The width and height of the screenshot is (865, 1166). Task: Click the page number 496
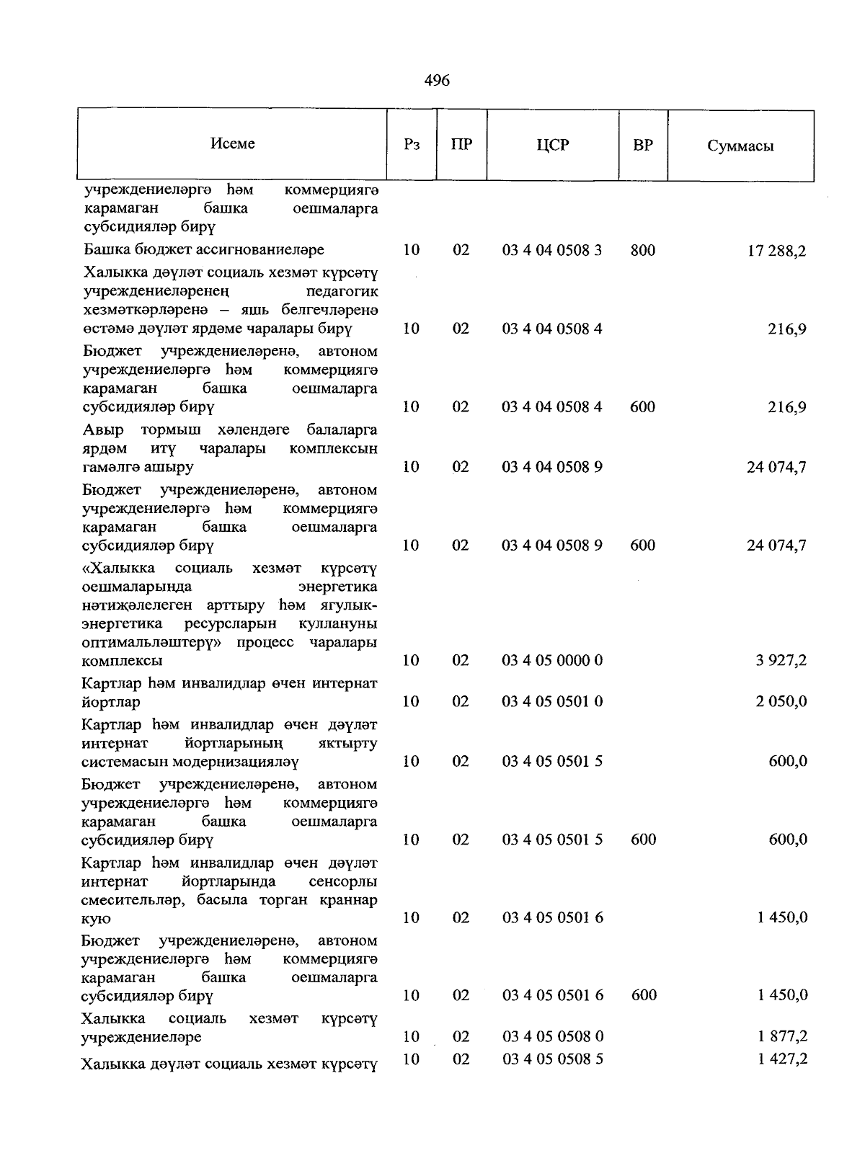(437, 81)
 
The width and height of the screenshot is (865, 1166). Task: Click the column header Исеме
(232, 143)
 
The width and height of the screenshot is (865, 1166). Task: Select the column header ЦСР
(552, 145)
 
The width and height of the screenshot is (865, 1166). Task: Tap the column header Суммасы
(740, 146)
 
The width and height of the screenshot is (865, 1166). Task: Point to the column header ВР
(642, 145)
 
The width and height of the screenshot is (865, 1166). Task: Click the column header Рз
(412, 145)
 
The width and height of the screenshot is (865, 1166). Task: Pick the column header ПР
(461, 144)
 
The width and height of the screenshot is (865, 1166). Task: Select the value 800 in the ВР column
(642, 250)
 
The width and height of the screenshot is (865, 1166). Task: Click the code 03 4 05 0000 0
(552, 661)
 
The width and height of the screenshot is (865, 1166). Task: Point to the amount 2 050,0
(781, 702)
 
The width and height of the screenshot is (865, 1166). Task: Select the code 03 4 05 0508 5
(553, 1059)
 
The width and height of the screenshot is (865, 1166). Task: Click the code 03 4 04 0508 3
(552, 250)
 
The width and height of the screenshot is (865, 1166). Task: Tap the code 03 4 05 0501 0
(552, 702)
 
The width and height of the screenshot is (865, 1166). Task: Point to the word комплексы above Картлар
(122, 661)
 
